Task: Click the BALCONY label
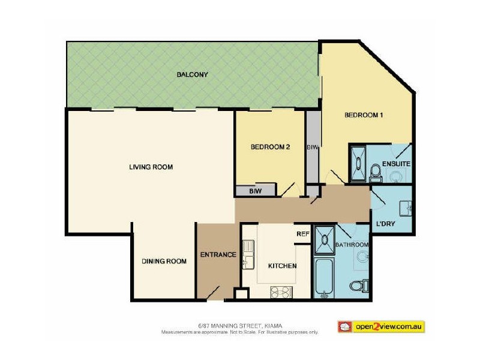pyautogui.click(x=192, y=75)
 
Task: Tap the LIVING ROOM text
pyautogui.click(x=151, y=167)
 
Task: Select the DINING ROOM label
pyautogui.click(x=164, y=261)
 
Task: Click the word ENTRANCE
pyautogui.click(x=218, y=254)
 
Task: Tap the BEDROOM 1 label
pyautogui.click(x=363, y=115)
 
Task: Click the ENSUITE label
pyautogui.click(x=395, y=163)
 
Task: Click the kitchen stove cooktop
pyautogui.click(x=281, y=292)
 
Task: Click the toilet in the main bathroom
pyautogui.click(x=358, y=285)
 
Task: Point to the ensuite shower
pyautogui.click(x=358, y=160)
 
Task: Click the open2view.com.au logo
pyautogui.click(x=381, y=326)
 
